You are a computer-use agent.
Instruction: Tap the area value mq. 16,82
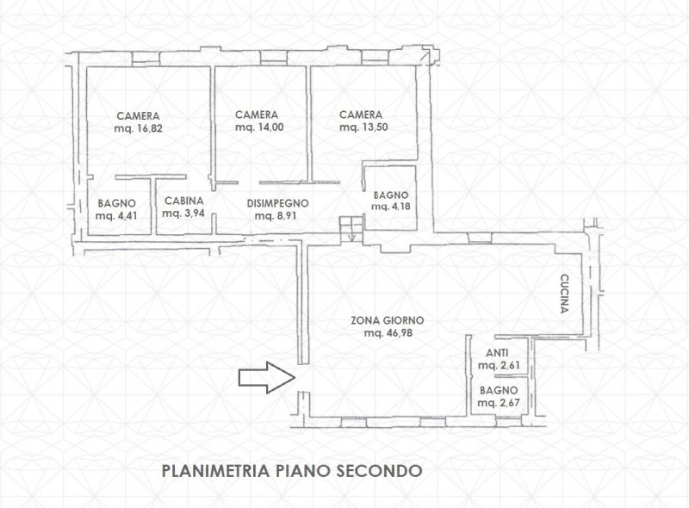pyautogui.click(x=139, y=128)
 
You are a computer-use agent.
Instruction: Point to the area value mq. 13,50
pyautogui.click(x=360, y=127)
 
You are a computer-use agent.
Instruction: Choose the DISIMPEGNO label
pyautogui.click(x=277, y=203)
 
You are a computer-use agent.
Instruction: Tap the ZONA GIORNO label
pyautogui.click(x=387, y=320)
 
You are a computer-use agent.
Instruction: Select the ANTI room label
pyautogui.click(x=497, y=352)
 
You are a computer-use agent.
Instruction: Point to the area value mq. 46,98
pyautogui.click(x=387, y=333)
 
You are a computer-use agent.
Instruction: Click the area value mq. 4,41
pyautogui.click(x=115, y=215)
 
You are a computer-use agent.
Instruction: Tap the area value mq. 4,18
pyautogui.click(x=392, y=208)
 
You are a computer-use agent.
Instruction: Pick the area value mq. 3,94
pyautogui.click(x=183, y=215)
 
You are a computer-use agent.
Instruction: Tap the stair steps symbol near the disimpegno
pyautogui.click(x=349, y=226)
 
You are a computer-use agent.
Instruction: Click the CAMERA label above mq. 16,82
pyautogui.click(x=139, y=115)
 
